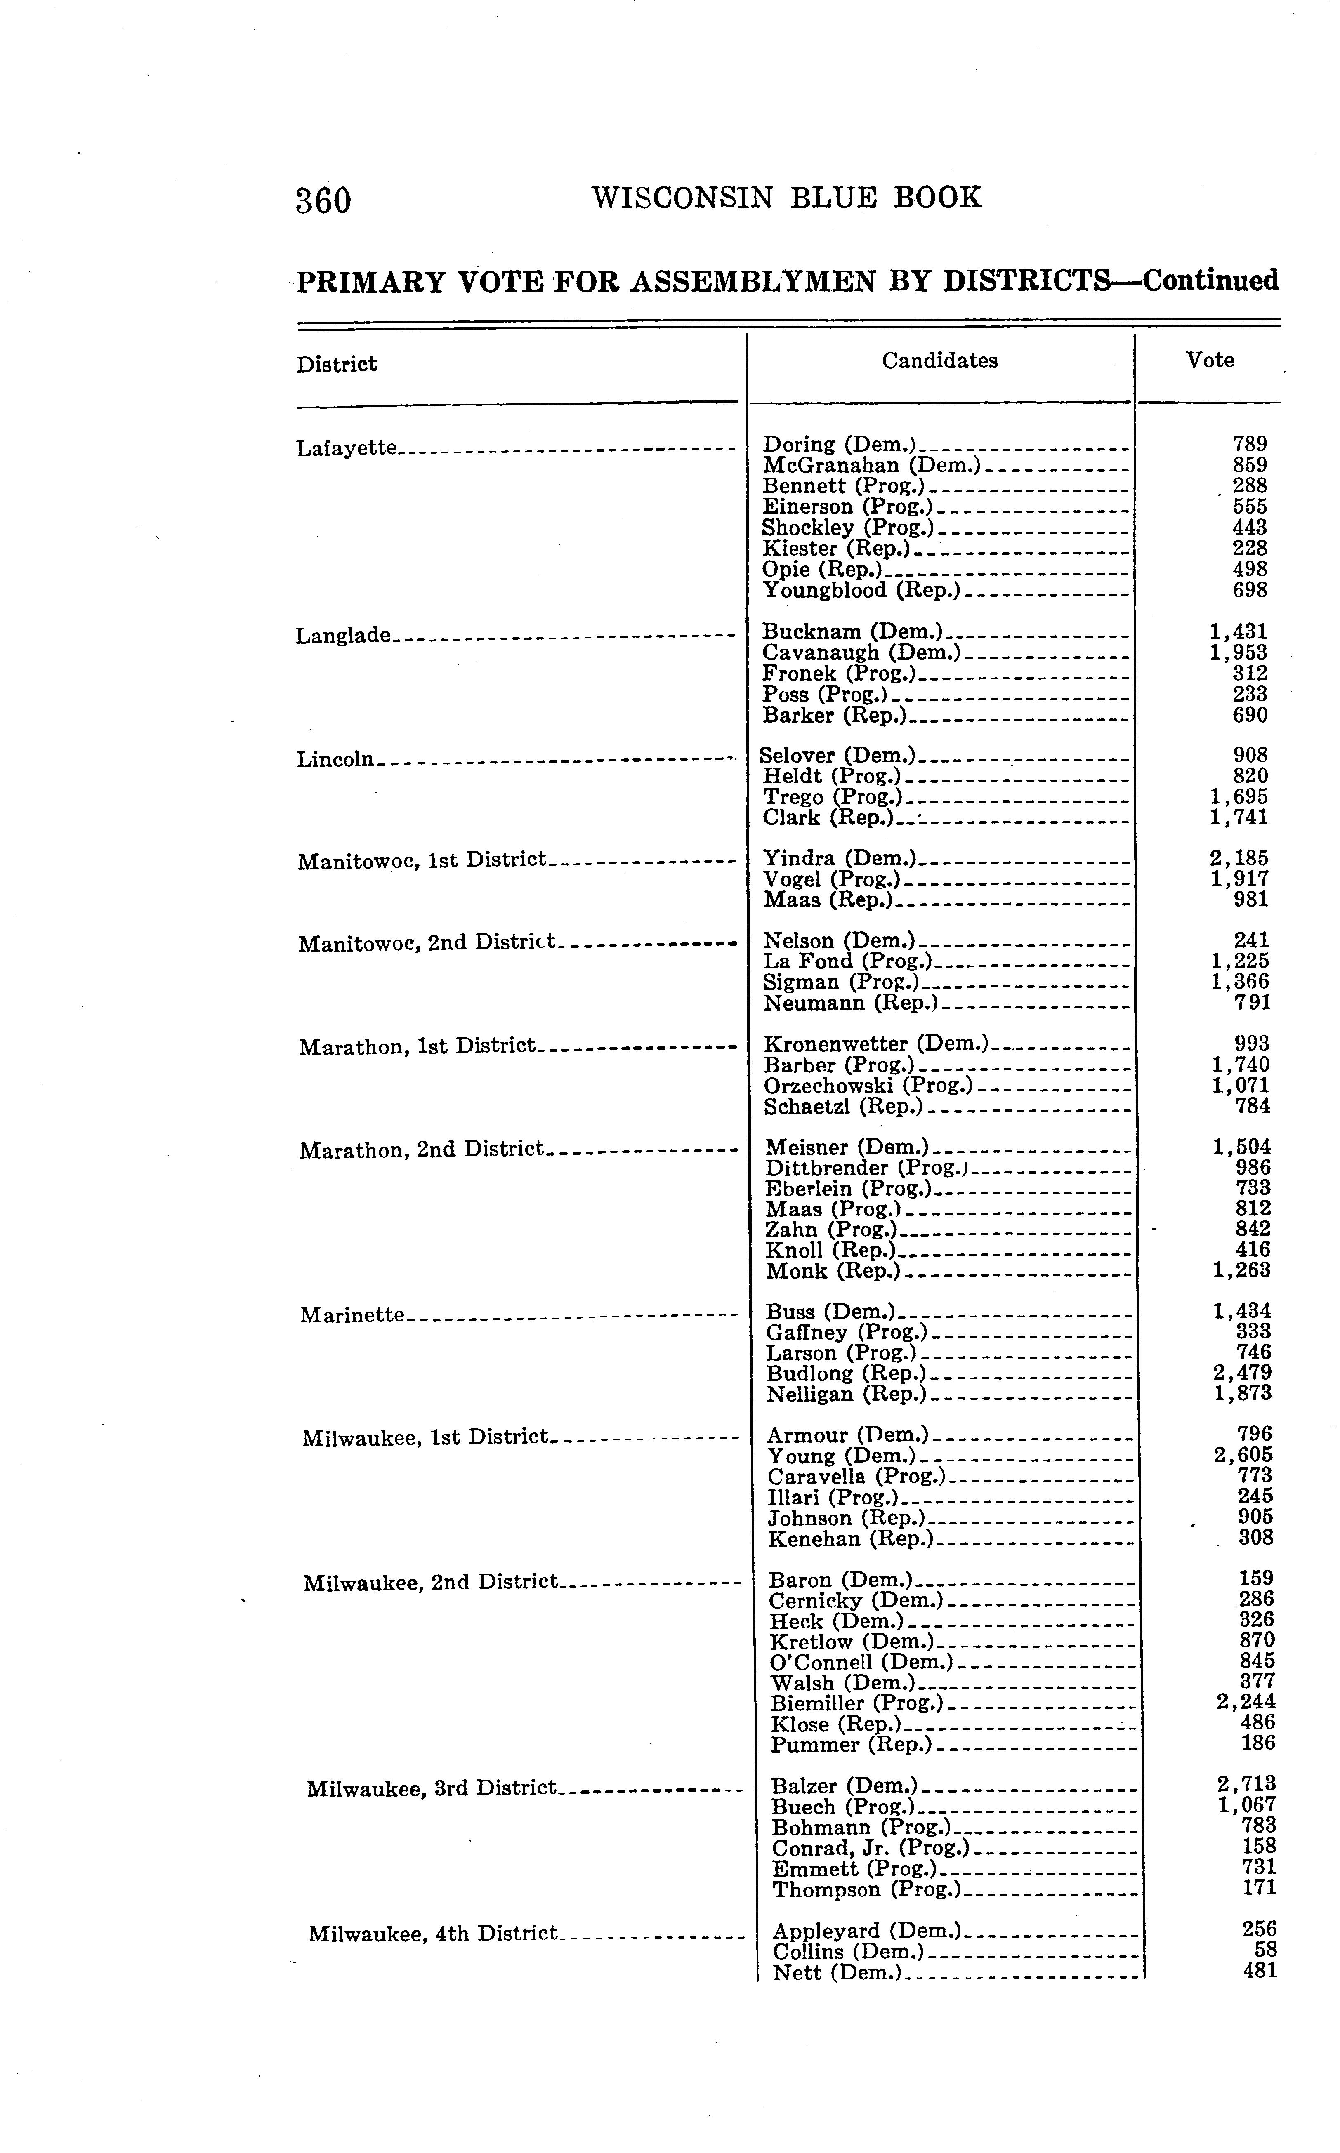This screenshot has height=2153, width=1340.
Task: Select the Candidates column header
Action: point(939,360)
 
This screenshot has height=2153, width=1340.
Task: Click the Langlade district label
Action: point(343,635)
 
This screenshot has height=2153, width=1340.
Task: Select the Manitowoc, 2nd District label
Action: point(427,943)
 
